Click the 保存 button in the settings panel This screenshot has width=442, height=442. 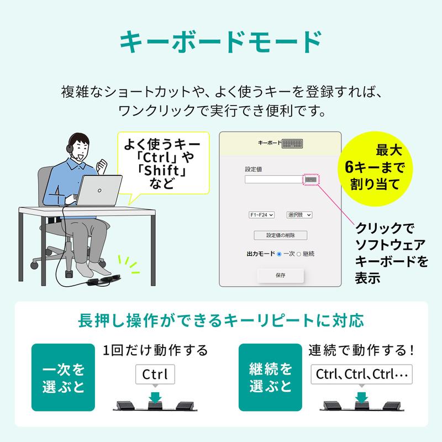coord(280,275)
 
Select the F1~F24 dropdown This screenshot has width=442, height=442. coord(261,215)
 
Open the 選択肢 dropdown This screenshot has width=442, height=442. coord(299,215)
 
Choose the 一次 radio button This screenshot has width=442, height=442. coord(279,254)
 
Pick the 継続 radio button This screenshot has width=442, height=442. coord(299,254)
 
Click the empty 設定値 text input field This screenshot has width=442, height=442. coord(273,179)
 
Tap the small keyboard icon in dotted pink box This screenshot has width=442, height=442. coord(311,179)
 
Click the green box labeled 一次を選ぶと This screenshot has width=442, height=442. coord(64,377)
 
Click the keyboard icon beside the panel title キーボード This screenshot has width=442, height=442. coord(292,144)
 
